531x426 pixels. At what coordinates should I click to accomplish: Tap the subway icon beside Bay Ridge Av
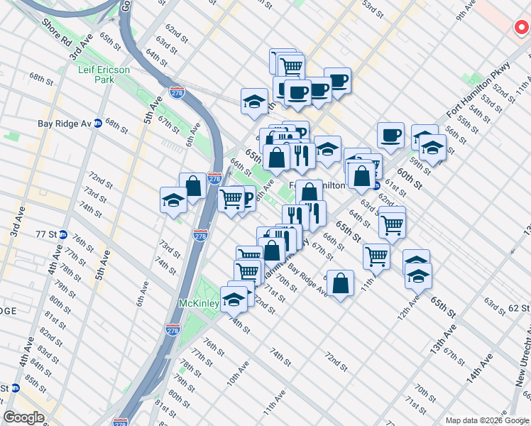(98, 124)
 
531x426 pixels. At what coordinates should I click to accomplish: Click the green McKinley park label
(197, 302)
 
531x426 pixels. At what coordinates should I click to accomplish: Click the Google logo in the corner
(24, 417)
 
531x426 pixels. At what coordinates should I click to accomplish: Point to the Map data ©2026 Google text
(487, 420)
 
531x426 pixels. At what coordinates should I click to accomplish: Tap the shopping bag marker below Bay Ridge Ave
(341, 283)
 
